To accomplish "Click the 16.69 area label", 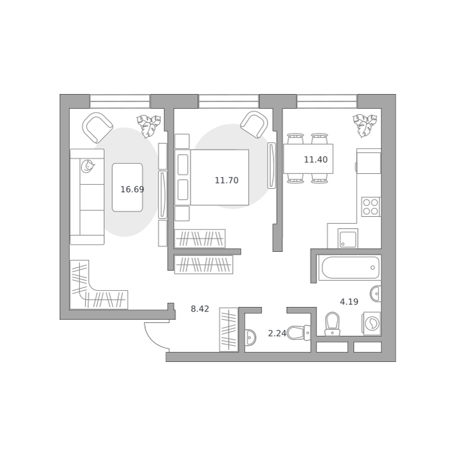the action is [132, 189].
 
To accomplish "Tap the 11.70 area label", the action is [227, 180].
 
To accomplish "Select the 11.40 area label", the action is [316, 160].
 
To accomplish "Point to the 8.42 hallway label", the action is [200, 309].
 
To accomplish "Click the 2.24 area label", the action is [277, 333].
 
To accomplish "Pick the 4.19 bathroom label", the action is [349, 302].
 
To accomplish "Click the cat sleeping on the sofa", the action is [88, 167].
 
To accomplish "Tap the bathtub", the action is [350, 267].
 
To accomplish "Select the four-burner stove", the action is [371, 207].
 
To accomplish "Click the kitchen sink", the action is [348, 238].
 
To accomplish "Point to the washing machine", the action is [372, 323].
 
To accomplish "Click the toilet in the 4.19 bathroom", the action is [332, 324].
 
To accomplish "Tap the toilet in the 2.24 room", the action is [298, 332].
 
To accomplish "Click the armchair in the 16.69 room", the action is [97, 128].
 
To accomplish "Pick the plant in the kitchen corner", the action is [365, 126].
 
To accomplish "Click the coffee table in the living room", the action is [127, 187].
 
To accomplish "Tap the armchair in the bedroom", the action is [254, 125].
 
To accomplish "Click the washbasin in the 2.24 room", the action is [250, 338].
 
